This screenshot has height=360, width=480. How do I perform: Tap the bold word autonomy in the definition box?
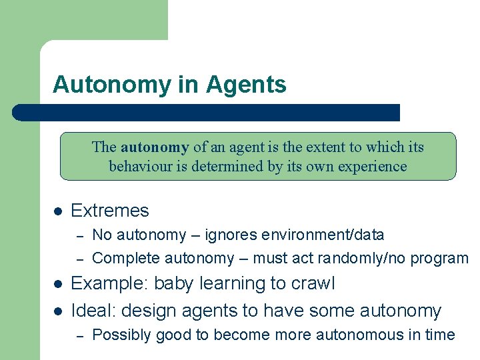(x=155, y=147)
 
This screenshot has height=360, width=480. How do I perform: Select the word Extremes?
(x=109, y=211)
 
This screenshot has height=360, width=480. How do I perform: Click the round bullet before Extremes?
(x=58, y=211)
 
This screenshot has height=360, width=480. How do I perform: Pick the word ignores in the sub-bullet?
(x=229, y=235)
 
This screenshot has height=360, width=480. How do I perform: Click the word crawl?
(x=313, y=283)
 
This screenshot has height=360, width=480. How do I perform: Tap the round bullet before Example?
(x=58, y=284)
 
